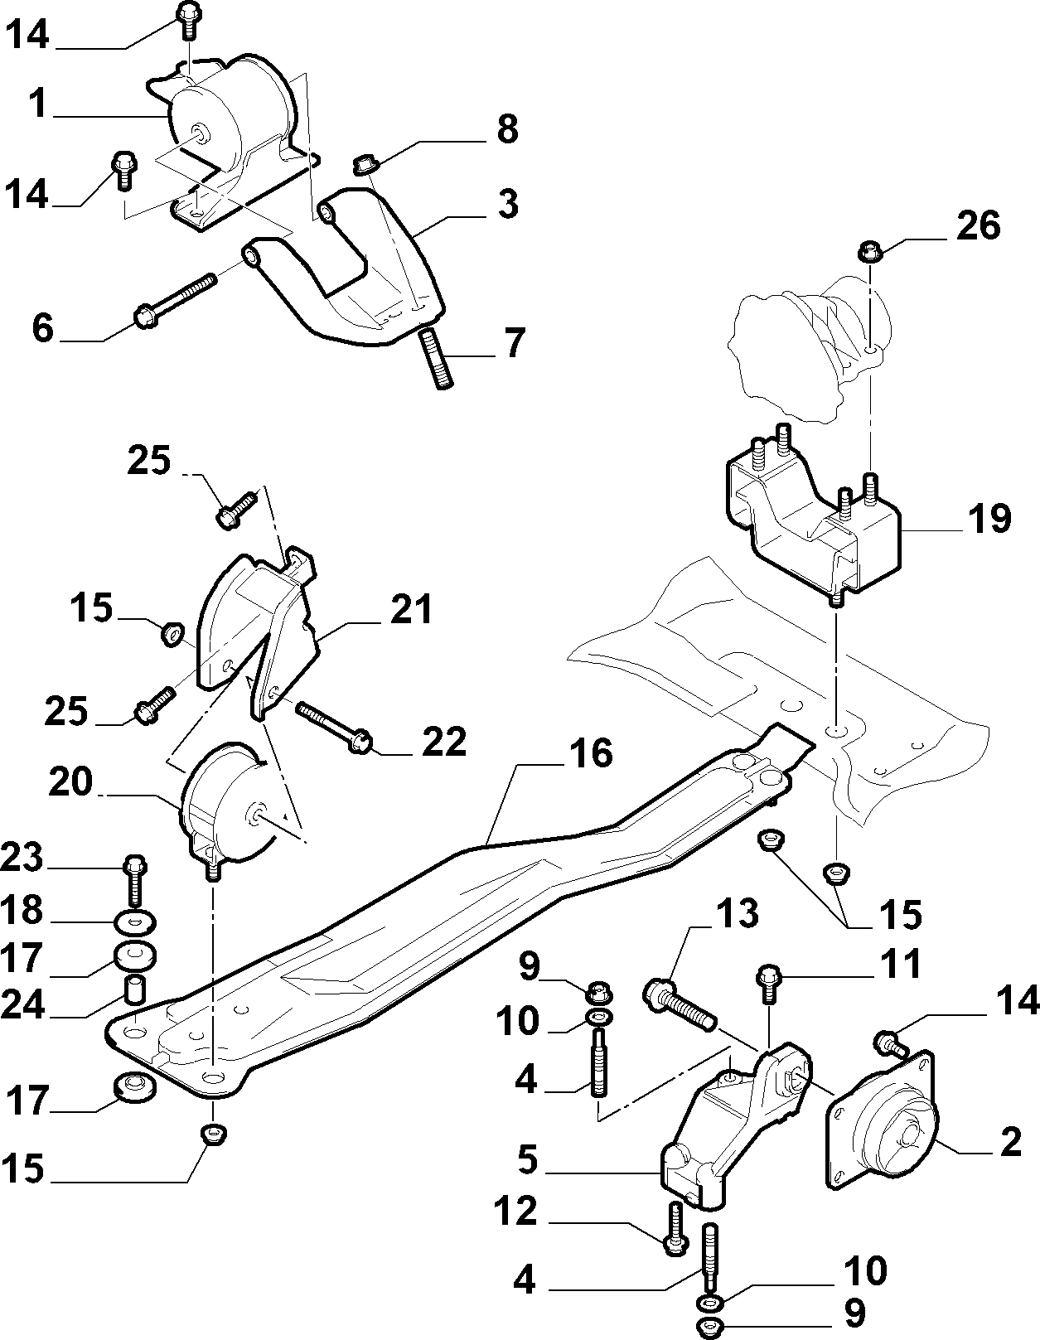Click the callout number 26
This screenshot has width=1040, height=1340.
pyautogui.click(x=979, y=226)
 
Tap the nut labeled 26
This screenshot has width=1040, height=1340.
pyautogui.click(x=869, y=251)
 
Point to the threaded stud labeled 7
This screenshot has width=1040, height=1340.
pyautogui.click(x=436, y=360)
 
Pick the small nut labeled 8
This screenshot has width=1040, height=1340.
pyautogui.click(x=365, y=165)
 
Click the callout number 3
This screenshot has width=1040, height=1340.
pyautogui.click(x=508, y=204)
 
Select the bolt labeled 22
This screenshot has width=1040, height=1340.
pyautogui.click(x=333, y=727)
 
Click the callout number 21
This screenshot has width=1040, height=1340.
pyautogui.click(x=411, y=609)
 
